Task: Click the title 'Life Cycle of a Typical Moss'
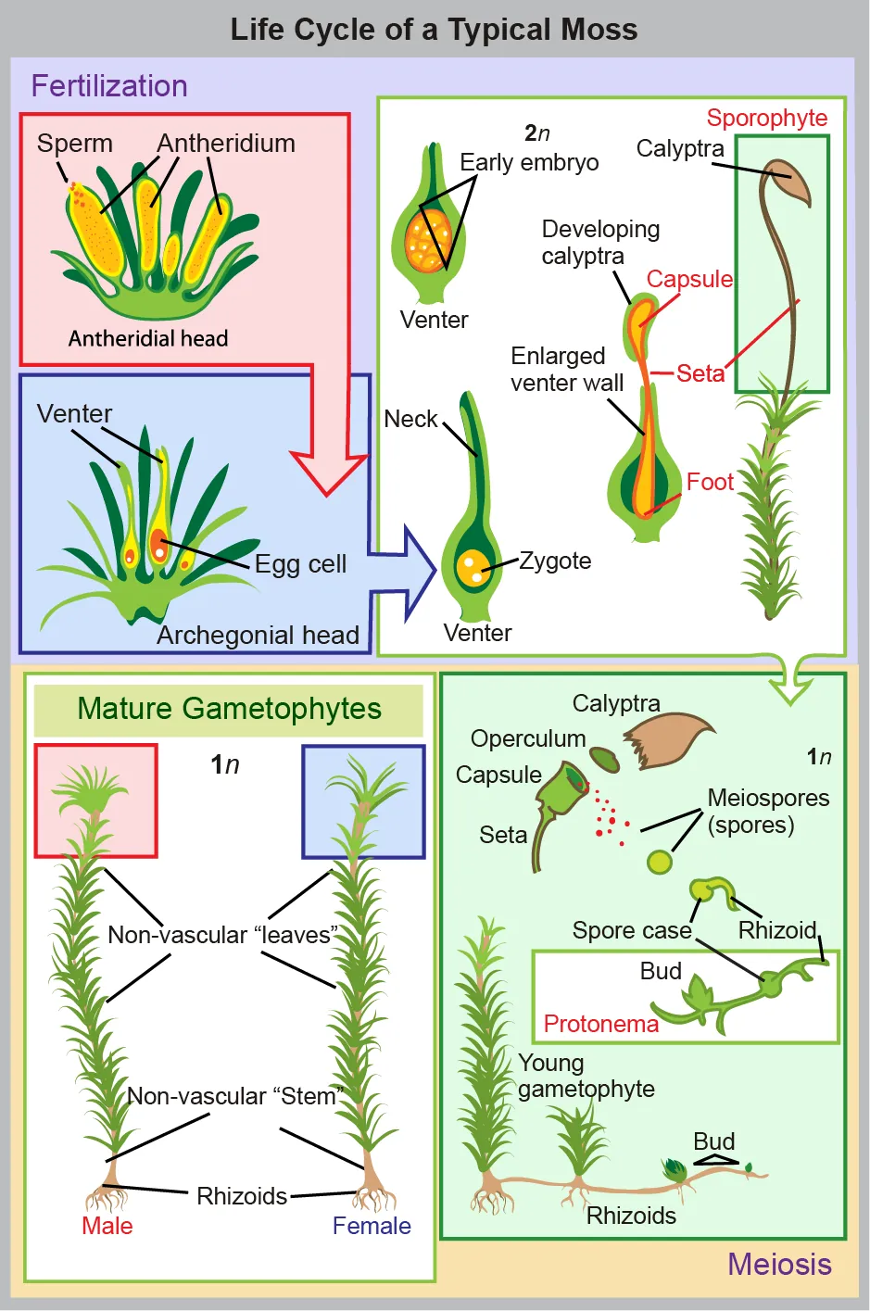point(434,30)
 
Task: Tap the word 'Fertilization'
point(109,86)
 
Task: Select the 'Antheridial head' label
point(148,338)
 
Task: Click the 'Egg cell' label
point(300,564)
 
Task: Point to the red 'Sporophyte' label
point(766,118)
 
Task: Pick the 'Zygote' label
point(555,561)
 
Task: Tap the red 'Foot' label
point(710,482)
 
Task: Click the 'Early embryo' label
point(529,162)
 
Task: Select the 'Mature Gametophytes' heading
point(229,709)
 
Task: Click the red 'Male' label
point(107,1226)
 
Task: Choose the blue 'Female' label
point(372,1226)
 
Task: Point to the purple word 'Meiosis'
point(779,1264)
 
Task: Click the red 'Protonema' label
point(600,1024)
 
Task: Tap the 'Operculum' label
point(528,738)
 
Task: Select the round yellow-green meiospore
point(660,862)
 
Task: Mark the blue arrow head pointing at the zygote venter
point(416,573)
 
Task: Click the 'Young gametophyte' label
point(586,1076)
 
